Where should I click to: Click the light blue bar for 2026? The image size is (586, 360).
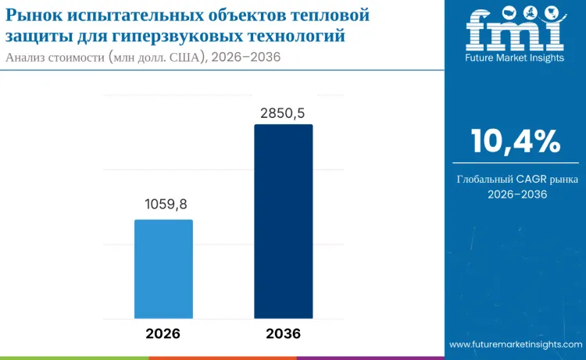(163, 269)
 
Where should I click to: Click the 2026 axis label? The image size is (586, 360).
(163, 333)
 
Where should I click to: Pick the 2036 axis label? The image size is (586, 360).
(283, 333)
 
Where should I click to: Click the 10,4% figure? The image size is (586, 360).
(516, 141)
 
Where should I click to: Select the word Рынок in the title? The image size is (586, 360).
(31, 15)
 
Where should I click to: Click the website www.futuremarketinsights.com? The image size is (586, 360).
(515, 344)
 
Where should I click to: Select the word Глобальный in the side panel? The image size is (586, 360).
(486, 180)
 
